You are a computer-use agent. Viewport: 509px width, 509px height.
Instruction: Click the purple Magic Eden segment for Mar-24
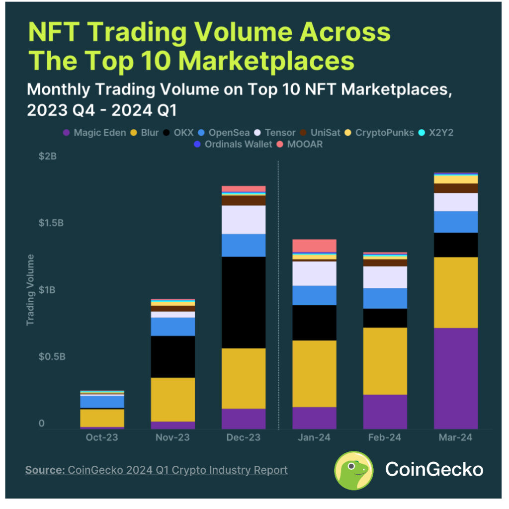click(455, 378)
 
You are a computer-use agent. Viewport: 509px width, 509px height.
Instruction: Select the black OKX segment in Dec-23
click(244, 302)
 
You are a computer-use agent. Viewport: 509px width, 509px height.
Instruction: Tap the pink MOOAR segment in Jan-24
click(314, 246)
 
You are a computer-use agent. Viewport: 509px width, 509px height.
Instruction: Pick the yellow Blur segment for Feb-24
click(385, 361)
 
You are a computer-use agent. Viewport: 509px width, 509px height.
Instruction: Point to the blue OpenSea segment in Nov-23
click(172, 327)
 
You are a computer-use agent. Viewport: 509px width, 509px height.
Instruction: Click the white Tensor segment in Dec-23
click(244, 220)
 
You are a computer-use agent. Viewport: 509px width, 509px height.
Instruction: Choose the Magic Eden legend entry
click(95, 133)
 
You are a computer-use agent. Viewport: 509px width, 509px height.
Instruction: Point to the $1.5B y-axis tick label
click(51, 223)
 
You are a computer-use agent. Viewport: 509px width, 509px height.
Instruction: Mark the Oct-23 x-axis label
click(102, 437)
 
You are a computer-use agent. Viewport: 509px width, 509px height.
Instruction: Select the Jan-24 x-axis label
click(314, 437)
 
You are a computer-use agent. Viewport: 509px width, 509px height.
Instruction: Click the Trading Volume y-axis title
click(31, 290)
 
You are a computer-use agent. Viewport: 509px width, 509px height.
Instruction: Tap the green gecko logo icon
click(353, 470)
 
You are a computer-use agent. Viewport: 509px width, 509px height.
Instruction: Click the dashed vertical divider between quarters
click(279, 298)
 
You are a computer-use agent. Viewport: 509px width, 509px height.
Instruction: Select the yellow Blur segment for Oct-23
click(102, 418)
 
